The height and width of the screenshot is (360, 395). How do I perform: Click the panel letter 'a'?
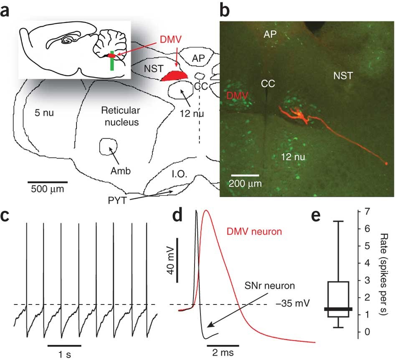(x=7, y=10)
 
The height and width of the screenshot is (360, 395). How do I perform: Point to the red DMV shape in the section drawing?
(x=175, y=76)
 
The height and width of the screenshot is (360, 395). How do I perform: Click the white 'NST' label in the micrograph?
(x=343, y=76)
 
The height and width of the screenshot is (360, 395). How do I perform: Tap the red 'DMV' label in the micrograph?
(x=237, y=96)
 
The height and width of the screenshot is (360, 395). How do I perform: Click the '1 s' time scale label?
(x=64, y=352)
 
